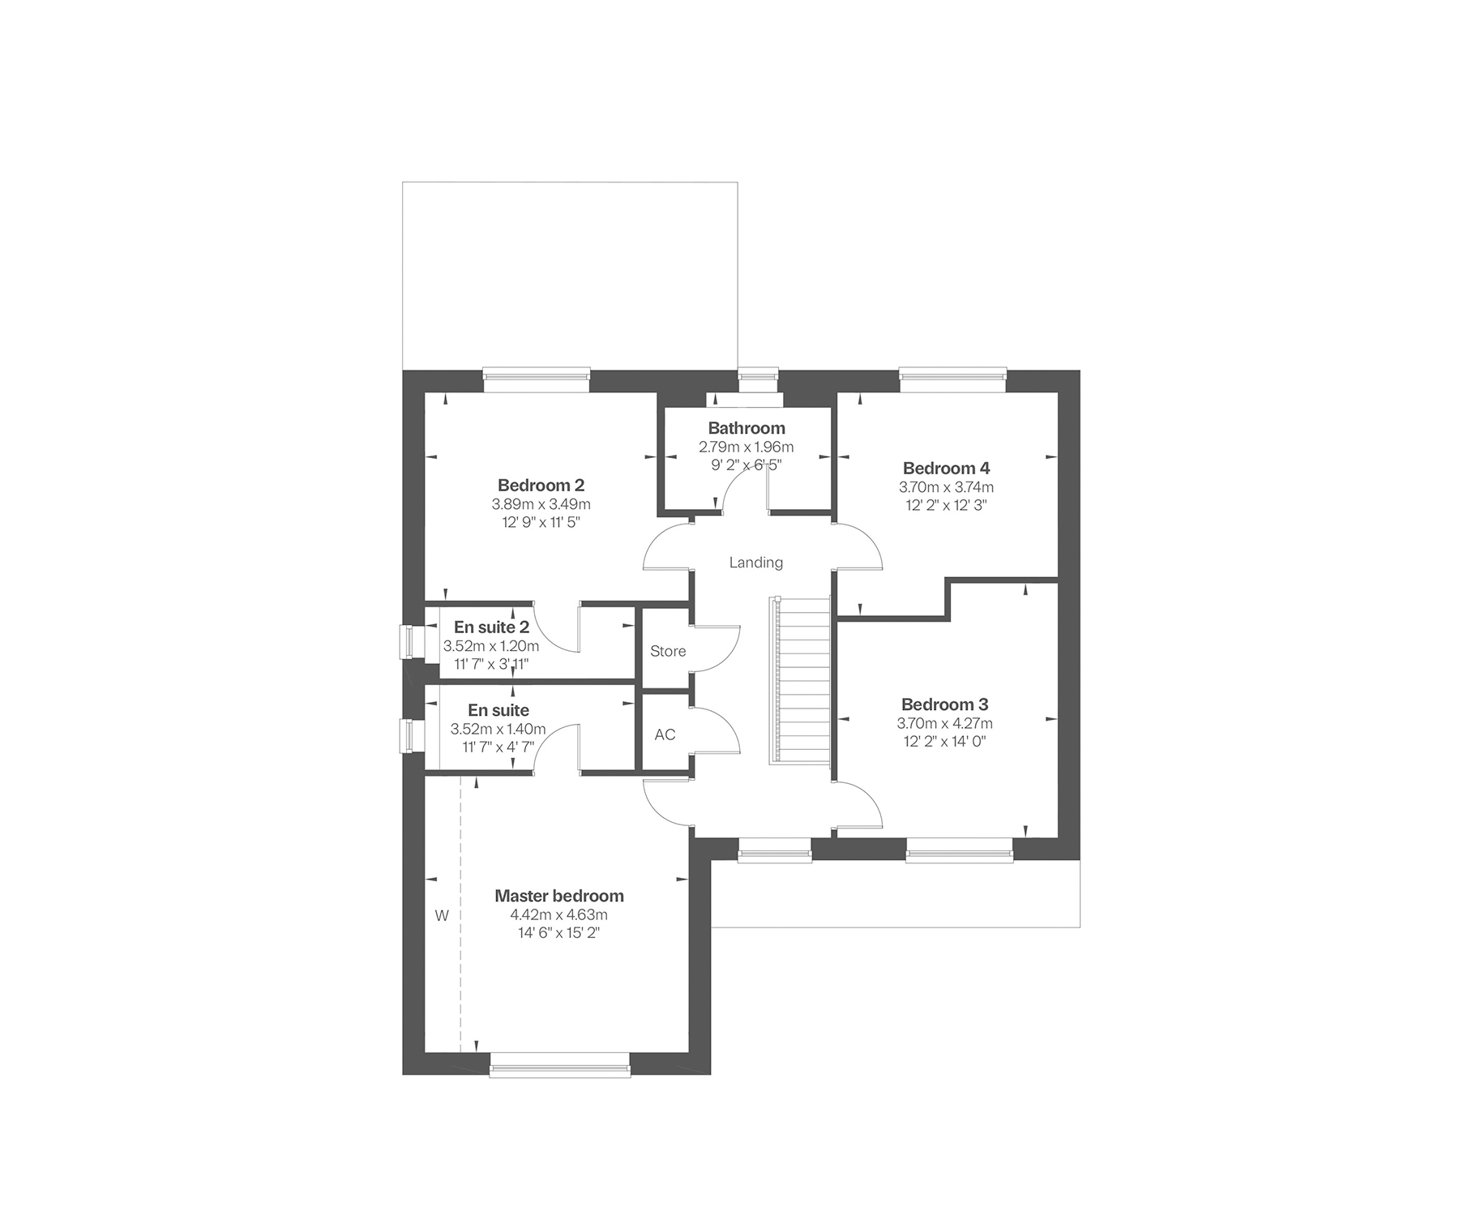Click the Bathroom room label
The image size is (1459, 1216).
[x=747, y=428]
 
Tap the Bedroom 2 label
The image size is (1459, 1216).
[x=541, y=486]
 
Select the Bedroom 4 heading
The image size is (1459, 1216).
[x=946, y=469]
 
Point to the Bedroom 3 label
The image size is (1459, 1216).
[x=944, y=704]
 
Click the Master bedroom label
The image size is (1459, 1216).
[x=559, y=896]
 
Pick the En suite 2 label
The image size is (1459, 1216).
[x=491, y=627]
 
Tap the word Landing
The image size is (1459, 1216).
[x=756, y=563]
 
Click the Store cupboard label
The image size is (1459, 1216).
[x=668, y=651]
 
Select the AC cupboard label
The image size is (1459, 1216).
[x=665, y=734]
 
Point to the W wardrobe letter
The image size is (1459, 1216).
[x=442, y=916]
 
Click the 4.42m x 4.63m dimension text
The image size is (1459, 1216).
[x=558, y=915]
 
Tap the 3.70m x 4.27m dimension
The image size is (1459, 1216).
[x=944, y=723]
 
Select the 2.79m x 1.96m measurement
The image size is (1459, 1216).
[x=747, y=447]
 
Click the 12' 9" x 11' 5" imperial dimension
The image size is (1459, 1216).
[x=541, y=523]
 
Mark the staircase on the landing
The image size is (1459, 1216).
[x=801, y=679]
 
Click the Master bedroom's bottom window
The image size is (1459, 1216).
[x=560, y=1064]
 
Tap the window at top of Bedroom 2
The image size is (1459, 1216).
[x=537, y=381]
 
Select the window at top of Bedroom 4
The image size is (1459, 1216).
[x=953, y=381]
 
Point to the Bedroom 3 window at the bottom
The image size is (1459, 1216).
[x=959, y=850]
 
